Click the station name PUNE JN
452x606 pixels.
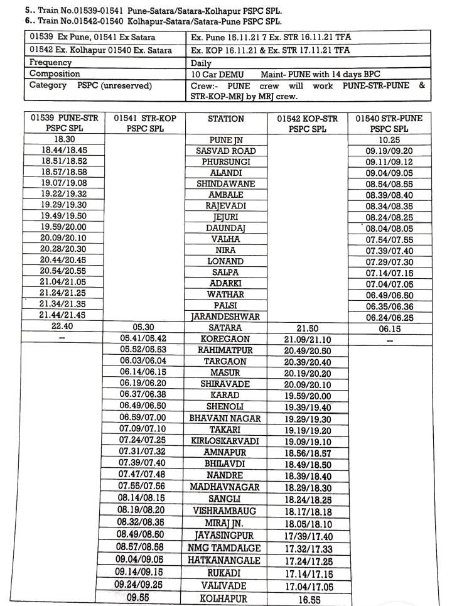[x=225, y=141]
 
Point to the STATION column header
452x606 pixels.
[x=225, y=118]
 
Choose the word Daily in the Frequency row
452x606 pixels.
[x=202, y=63]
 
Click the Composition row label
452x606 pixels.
[x=55, y=73]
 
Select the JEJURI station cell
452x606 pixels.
[x=225, y=217]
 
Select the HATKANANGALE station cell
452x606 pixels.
[x=225, y=560]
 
